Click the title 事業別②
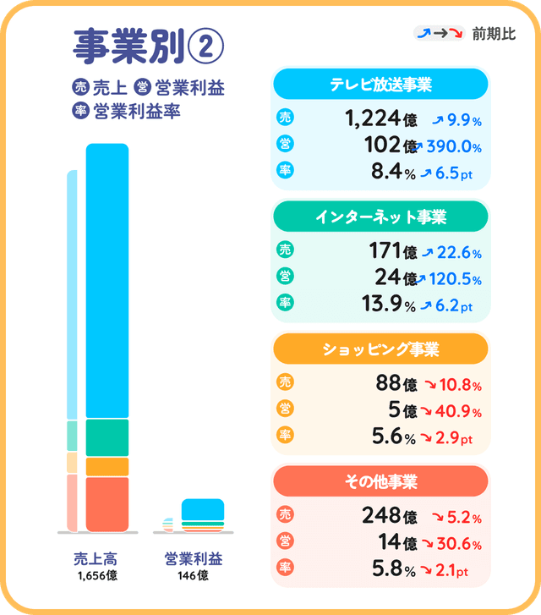click(x=149, y=47)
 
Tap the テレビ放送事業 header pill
click(x=380, y=85)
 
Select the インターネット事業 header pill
click(x=380, y=217)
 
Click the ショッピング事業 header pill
click(x=380, y=349)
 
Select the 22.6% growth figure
click(x=457, y=253)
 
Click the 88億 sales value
click(x=396, y=385)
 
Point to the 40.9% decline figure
click(x=457, y=413)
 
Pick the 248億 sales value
click(x=389, y=517)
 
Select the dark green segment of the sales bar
click(x=107, y=437)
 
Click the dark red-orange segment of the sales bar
click(x=107, y=504)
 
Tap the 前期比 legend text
click(x=495, y=34)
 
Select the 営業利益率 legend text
click(x=137, y=111)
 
